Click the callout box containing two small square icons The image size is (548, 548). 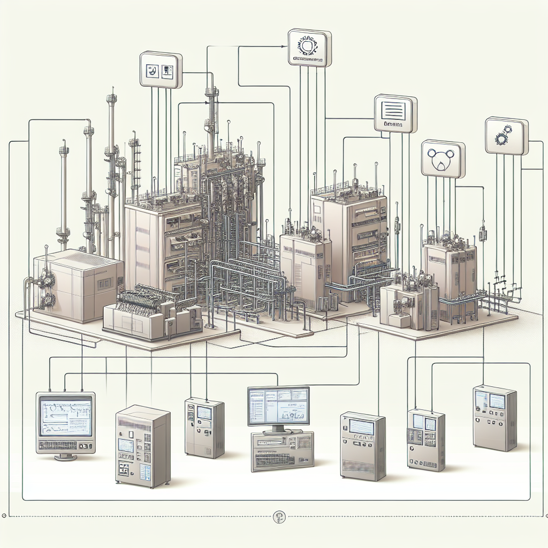click(161, 70)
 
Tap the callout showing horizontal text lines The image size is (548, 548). click(395, 113)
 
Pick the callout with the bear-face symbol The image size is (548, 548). click(443, 158)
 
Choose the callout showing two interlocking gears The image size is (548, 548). click(506, 136)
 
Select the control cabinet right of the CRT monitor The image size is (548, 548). click(143, 445)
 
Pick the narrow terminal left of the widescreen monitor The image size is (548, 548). click(204, 426)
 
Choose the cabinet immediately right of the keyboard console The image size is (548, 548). click(363, 445)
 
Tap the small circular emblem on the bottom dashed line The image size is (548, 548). click(279, 516)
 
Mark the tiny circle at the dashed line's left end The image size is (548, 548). click(5, 516)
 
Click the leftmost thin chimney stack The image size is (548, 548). click(64, 193)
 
